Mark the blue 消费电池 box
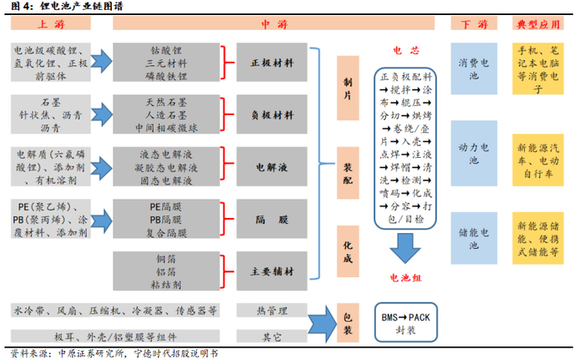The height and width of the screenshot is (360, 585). [x=473, y=69]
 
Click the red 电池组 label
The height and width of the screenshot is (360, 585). [x=404, y=279]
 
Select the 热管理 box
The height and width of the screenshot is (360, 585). [x=267, y=310]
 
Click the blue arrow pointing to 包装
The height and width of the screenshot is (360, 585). [x=321, y=321]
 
